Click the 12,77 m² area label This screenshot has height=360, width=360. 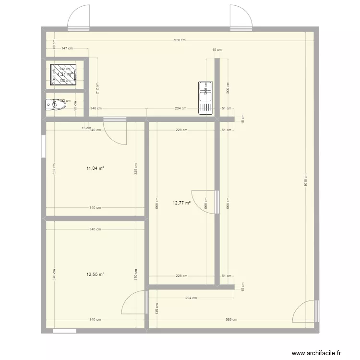click(181, 203)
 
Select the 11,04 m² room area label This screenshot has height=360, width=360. click(95, 168)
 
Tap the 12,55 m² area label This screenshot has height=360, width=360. click(95, 275)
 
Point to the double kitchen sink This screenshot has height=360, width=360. click(205, 98)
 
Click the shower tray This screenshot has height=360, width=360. click(64, 74)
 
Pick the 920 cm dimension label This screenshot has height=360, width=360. click(180, 40)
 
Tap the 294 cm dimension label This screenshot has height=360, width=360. click(191, 298)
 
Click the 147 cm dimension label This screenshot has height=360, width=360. click(67, 48)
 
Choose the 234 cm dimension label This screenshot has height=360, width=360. click(180, 108)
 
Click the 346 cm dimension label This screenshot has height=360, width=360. click(96, 108)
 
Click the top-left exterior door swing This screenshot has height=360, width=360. click(78, 18)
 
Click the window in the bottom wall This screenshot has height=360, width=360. click(64, 331)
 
